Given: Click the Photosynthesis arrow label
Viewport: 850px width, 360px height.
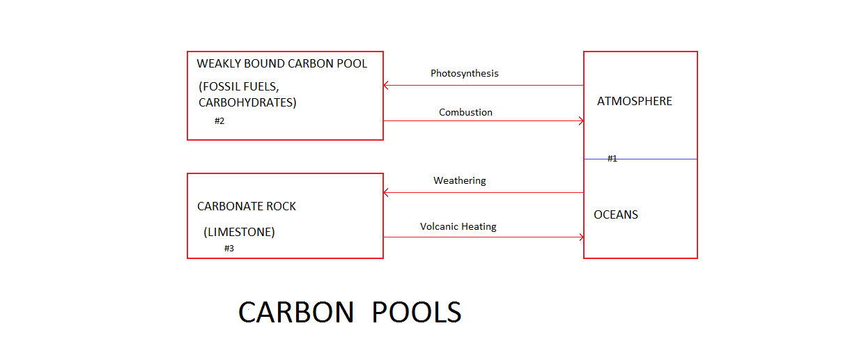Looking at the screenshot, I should (x=464, y=73).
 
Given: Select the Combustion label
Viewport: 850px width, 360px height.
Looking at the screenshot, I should (x=465, y=112).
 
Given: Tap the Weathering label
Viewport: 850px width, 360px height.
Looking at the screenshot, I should (x=459, y=180).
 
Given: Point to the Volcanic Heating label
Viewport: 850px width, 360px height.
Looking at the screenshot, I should (x=458, y=226).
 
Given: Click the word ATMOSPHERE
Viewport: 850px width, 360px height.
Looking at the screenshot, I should (x=634, y=101).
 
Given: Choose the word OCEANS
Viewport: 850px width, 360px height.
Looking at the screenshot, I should (x=615, y=214).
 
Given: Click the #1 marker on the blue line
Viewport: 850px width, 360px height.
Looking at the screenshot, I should (x=612, y=159).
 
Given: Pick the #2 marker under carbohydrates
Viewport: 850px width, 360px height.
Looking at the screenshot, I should (x=219, y=121).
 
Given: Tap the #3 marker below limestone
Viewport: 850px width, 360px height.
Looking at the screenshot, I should (x=229, y=248).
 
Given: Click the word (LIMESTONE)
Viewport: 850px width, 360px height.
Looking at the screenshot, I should (x=239, y=232).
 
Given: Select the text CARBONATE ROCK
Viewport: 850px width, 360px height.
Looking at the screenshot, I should (x=247, y=206).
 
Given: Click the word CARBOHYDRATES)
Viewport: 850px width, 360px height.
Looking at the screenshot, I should (x=247, y=102).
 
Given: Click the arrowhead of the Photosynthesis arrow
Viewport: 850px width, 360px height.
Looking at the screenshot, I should (x=385, y=86).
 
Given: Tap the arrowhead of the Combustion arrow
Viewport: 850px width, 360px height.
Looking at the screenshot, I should (x=581, y=120).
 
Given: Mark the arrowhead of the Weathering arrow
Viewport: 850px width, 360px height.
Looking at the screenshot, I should (x=385, y=192).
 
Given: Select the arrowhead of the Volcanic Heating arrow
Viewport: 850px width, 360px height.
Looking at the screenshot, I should (x=581, y=237).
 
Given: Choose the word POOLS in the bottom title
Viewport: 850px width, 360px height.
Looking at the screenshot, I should (x=416, y=313).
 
